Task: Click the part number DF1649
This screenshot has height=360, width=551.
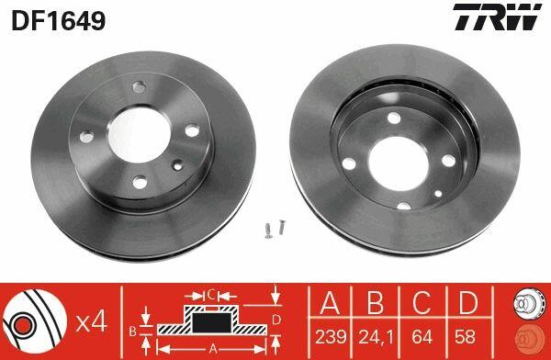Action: coord(59,19)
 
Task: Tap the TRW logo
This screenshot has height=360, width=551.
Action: coord(497,17)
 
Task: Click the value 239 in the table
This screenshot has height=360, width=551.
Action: coord(331,337)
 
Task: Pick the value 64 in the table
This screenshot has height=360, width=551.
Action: coord(422,337)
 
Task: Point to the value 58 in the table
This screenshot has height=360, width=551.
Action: coord(465,337)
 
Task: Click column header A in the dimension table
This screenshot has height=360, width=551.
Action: coord(330,302)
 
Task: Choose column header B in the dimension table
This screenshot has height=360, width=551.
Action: coord(376,302)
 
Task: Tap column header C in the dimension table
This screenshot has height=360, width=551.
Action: coord(422,302)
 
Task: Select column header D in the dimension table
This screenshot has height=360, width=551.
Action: coord(468,302)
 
